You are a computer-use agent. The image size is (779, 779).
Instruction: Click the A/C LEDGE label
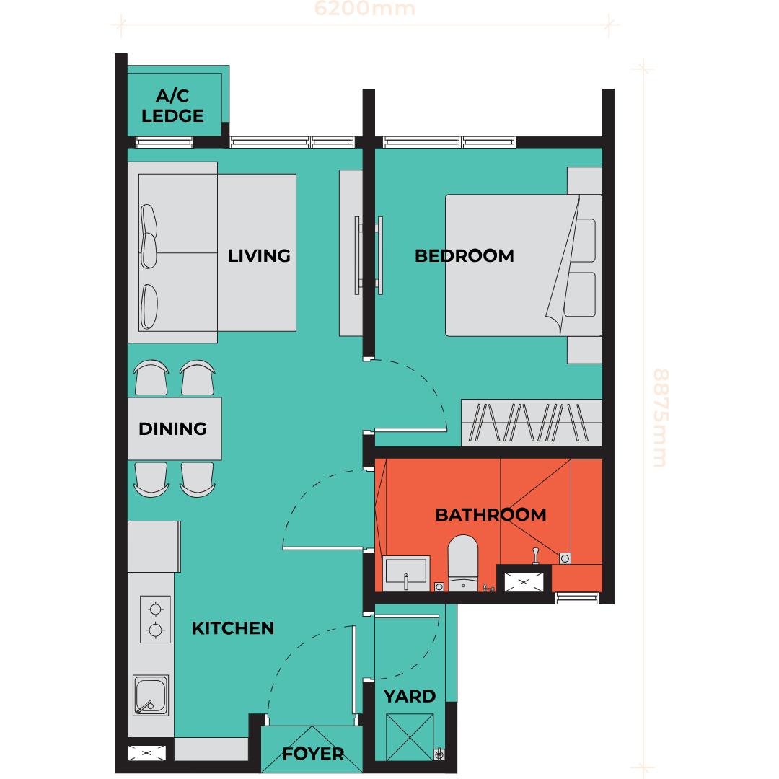pos(172,105)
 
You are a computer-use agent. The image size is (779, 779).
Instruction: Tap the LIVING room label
pos(259,256)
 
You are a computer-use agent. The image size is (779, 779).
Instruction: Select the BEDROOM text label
pos(465,256)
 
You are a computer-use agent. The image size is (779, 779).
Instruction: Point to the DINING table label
pos(172,428)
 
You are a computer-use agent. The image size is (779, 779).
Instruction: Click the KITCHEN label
pos(233,628)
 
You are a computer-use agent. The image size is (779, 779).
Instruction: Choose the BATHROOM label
pos(491,515)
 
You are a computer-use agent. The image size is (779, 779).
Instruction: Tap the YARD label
pos(410,697)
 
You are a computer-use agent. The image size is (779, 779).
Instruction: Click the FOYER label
pos(313,754)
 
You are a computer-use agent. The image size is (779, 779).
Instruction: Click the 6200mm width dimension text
pos(365,9)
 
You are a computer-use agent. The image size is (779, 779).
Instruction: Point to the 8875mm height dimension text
pos(661,418)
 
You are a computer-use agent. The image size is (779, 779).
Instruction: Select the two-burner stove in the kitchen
pos(155,620)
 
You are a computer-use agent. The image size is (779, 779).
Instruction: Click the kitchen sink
pos(151,695)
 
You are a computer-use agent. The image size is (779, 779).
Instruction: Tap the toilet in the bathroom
pos(463,563)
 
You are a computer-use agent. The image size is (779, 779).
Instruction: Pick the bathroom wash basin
pos(406,573)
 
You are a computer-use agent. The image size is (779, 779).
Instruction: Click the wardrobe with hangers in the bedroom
pos(532,422)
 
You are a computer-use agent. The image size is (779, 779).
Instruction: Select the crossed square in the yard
pos(410,737)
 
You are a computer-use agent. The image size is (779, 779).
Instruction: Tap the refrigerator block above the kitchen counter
pos(154,547)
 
